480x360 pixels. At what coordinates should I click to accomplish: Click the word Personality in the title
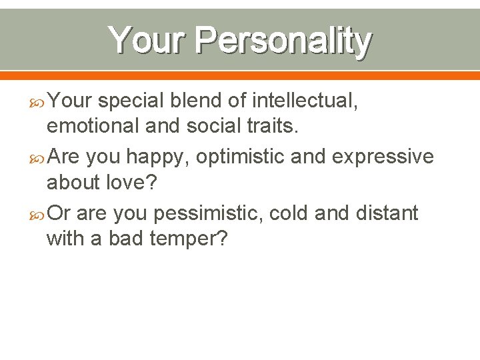point(283,41)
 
